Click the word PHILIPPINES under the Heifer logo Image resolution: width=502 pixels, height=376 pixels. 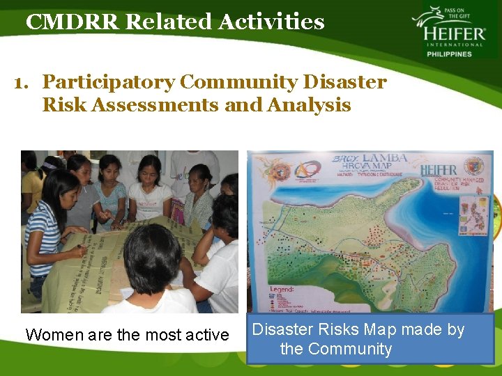point(449,54)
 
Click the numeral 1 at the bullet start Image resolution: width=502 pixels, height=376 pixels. point(22,82)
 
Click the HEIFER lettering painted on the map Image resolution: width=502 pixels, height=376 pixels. point(439,170)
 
